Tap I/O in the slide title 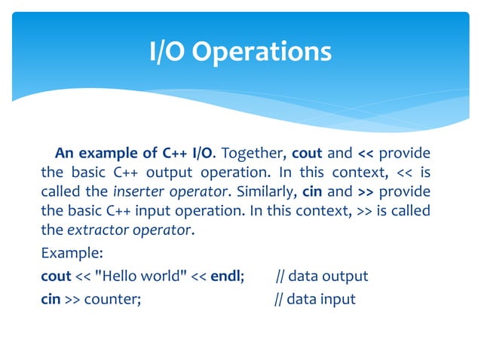tap(167, 51)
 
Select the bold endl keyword tap(226, 276)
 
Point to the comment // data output tap(322, 276)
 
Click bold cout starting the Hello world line tap(55, 276)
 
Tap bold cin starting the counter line tap(51, 299)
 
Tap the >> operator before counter tap(73, 299)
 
